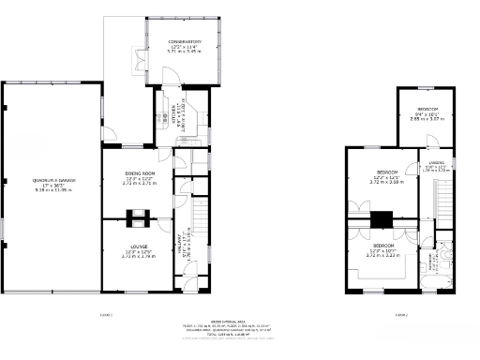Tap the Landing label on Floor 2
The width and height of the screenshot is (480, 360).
point(436,167)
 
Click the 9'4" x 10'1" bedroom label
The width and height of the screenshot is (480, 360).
point(424,111)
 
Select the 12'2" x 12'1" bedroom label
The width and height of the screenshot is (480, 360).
point(385,173)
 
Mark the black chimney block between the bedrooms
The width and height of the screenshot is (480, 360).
point(380,219)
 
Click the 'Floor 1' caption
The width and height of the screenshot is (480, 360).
point(106,315)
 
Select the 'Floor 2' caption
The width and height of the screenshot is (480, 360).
point(400,315)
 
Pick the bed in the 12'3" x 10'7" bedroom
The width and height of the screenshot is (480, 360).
point(384,266)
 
